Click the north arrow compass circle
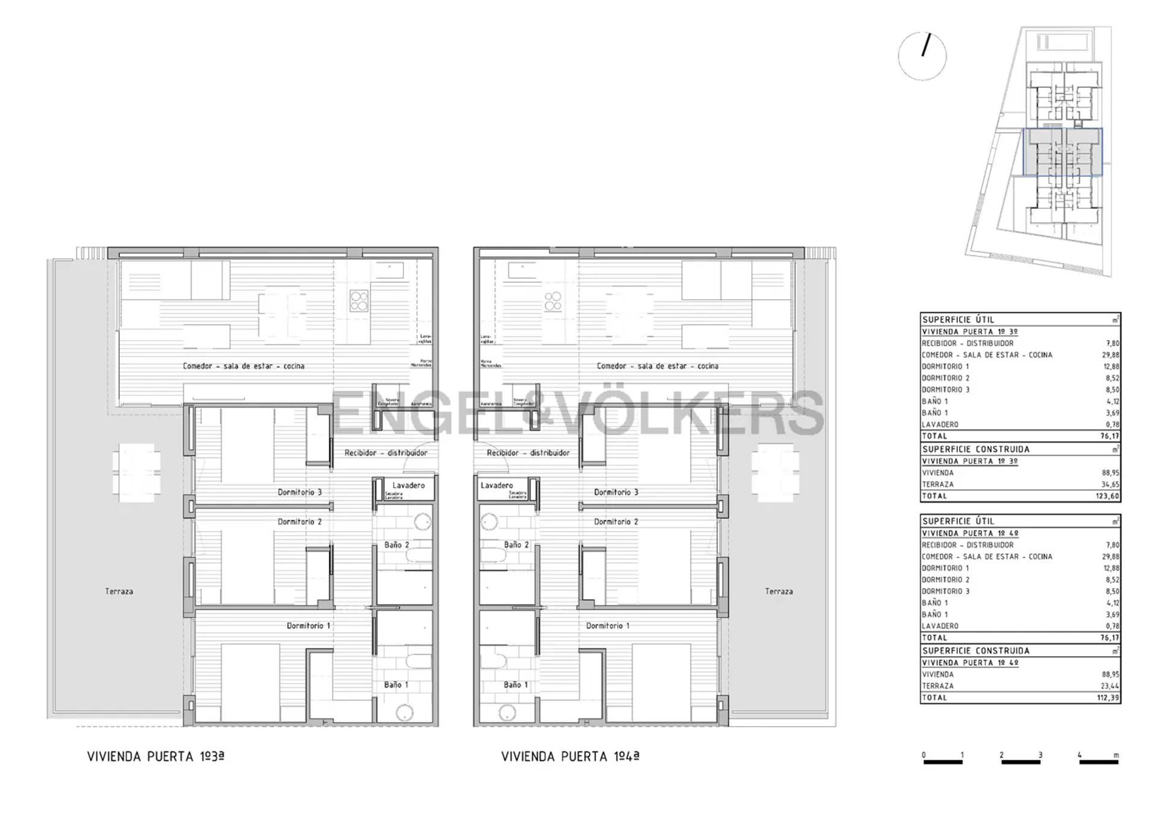pos(922,56)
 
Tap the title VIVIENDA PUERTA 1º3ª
pos(156,757)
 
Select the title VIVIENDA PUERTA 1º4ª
pos(570,757)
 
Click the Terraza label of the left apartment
pos(119,591)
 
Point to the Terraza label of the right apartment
pos(778,591)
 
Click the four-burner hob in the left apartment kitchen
pos(359,300)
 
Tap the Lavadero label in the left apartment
pos(408,485)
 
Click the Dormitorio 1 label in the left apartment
pos(308,626)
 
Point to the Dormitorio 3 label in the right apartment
pos(616,492)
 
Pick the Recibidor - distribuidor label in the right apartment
pos(528,453)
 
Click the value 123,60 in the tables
pos(1107,496)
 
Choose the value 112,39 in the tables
pos(1107,698)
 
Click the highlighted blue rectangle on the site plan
pos(1063,152)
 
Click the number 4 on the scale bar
pos(1080,755)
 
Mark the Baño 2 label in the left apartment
pos(397,545)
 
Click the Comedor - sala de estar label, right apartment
pos(657,365)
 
